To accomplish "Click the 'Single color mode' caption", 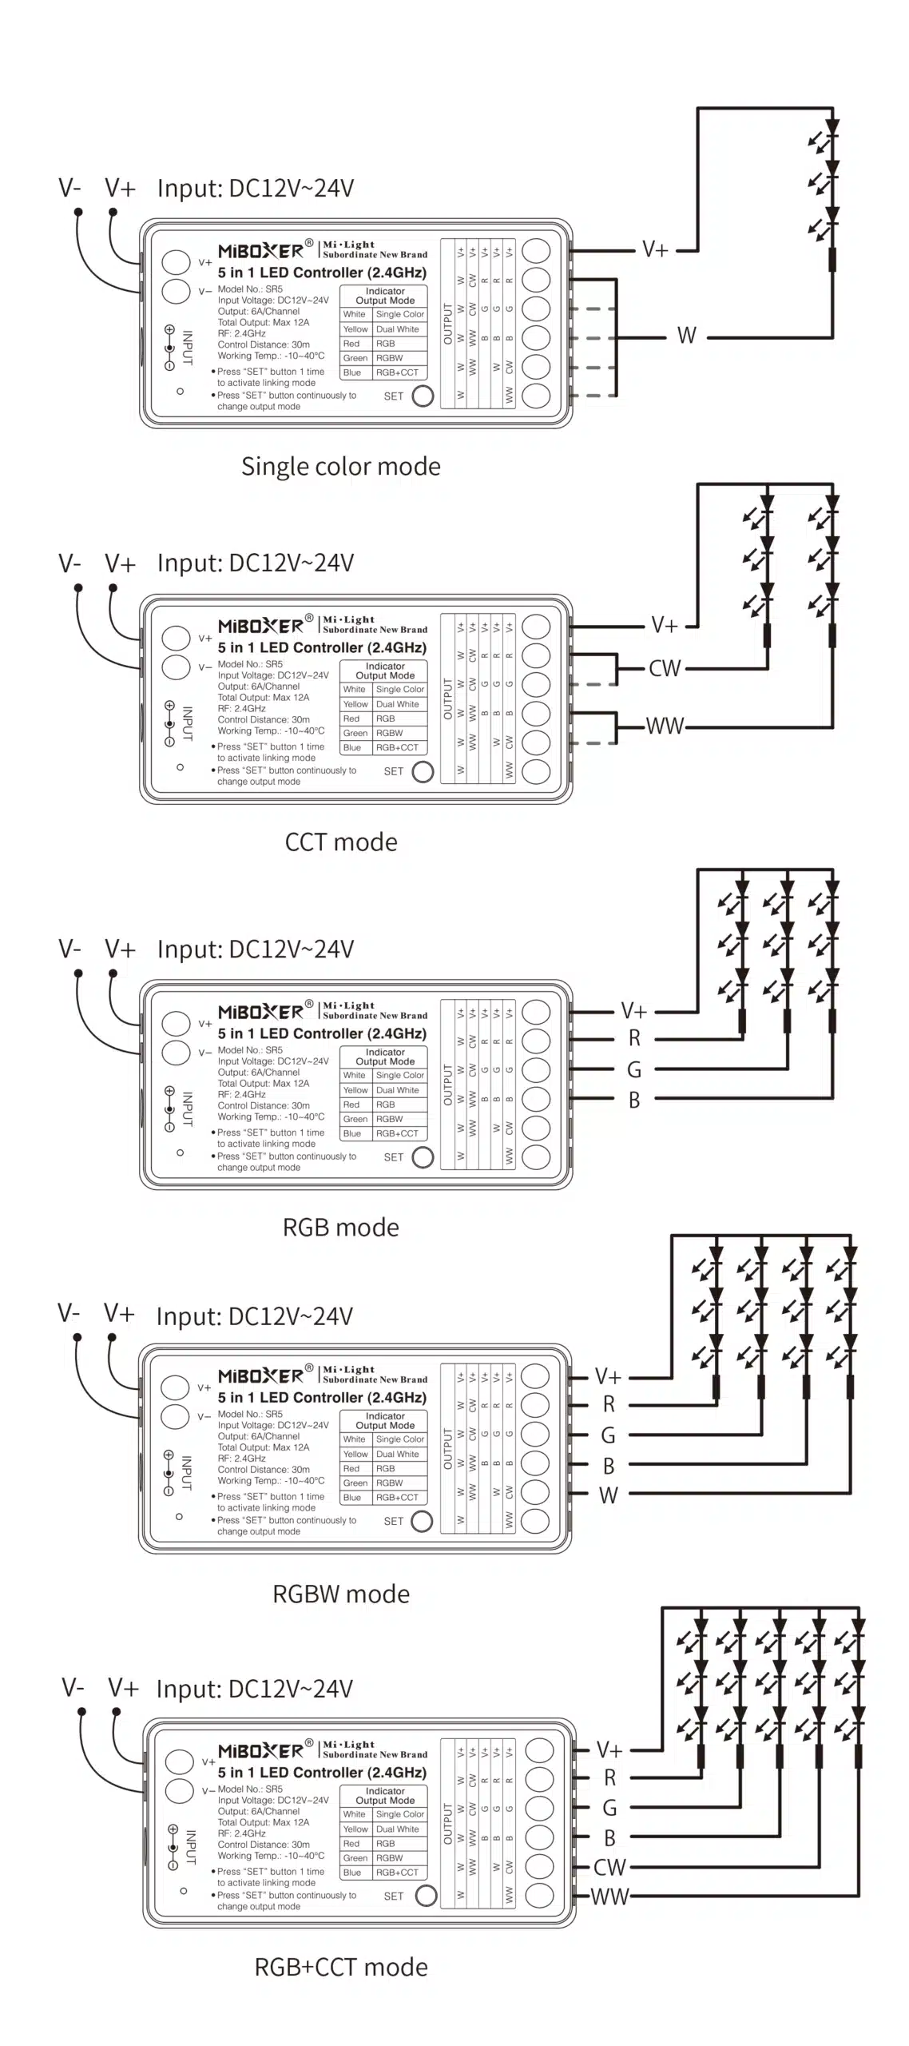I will coord(340,466).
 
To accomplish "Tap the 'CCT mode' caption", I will coord(340,842).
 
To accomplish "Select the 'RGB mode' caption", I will coord(340,1227).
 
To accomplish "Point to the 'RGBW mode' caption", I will coord(340,1594).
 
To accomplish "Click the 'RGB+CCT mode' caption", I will coord(340,1967).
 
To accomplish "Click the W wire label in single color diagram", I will coord(686,336).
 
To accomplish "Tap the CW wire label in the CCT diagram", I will coord(664,668).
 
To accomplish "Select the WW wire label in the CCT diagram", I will coord(665,726).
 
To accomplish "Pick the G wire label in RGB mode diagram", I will coord(633,1069).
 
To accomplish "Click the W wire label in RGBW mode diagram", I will coord(608,1495).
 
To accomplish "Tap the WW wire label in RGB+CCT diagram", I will coord(609,1897).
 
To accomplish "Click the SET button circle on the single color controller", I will coord(422,396).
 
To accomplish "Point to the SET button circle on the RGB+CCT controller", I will coord(426,1896).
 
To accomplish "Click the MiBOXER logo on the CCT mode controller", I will coord(260,626).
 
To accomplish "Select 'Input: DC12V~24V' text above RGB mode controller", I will coord(255,949).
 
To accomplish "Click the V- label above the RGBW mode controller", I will coord(69,1313).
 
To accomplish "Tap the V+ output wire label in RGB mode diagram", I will coord(633,1011).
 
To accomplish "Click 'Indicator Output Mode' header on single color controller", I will coord(384,296).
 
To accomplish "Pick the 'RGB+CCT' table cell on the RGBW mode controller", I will coord(397,1498).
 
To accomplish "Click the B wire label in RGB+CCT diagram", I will coord(609,1838).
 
